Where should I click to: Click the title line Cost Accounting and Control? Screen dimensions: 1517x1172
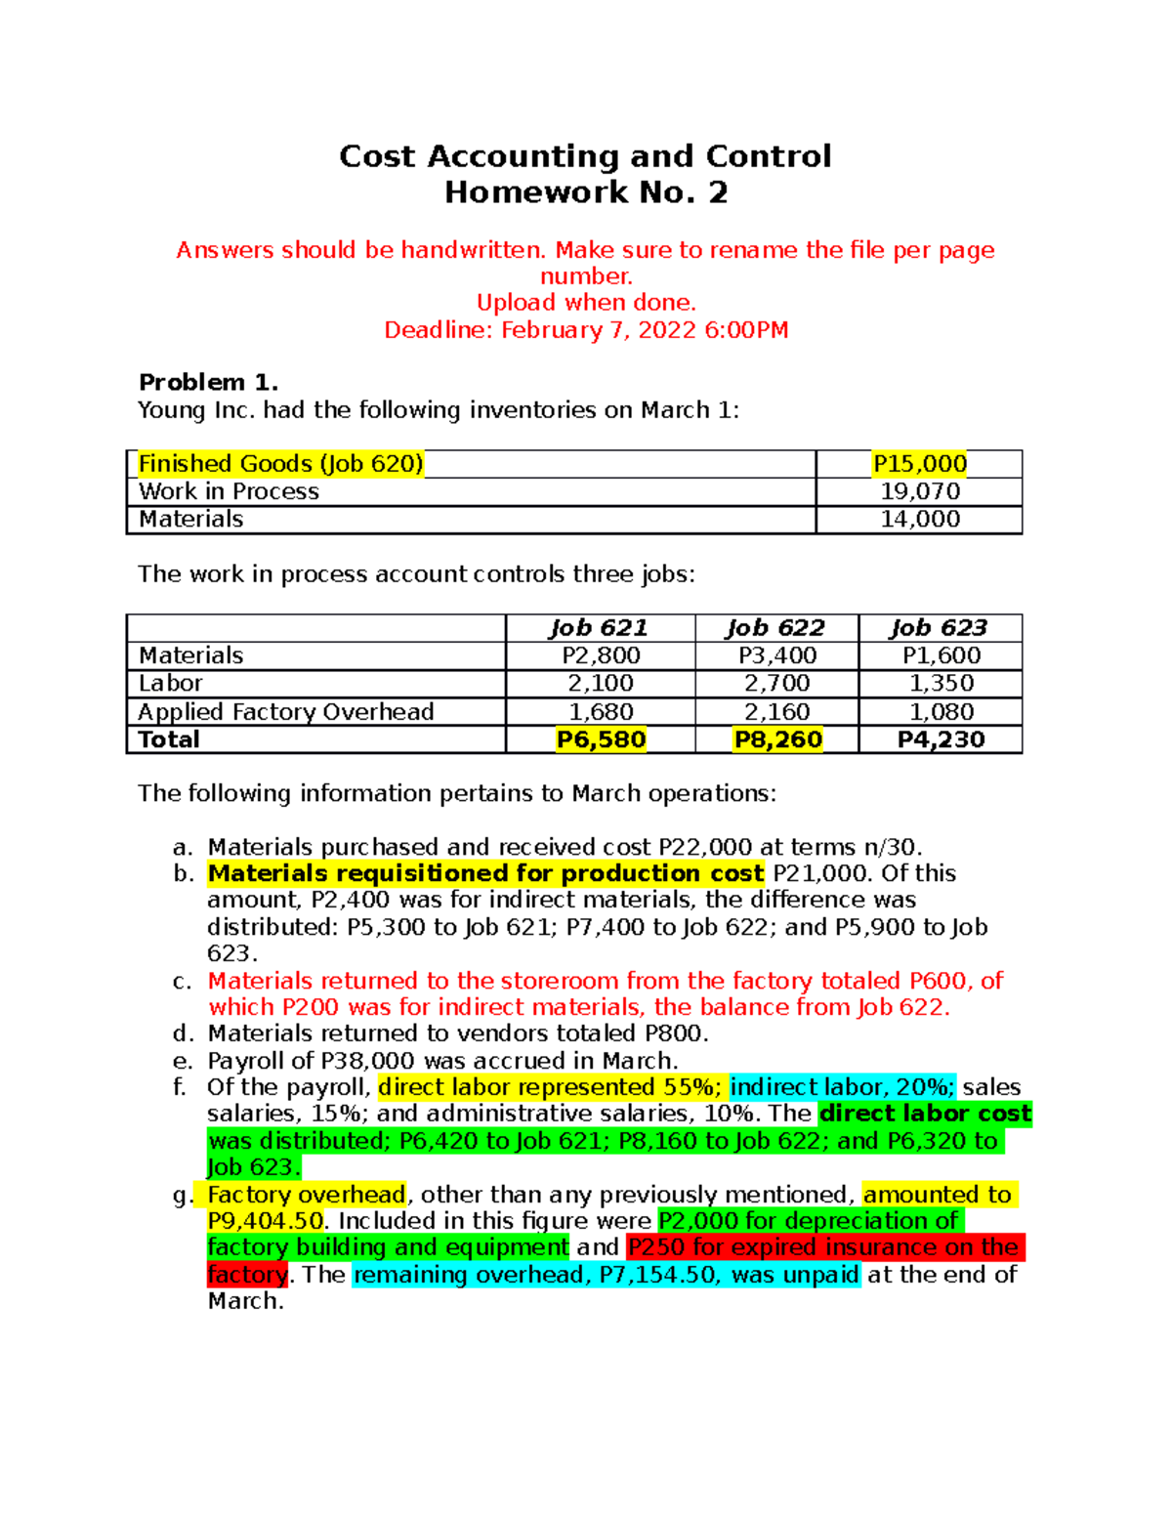pos(585,156)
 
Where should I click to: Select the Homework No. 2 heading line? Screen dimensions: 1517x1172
pos(586,192)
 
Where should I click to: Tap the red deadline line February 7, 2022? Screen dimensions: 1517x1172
pos(586,330)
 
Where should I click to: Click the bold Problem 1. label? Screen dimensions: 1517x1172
pos(208,382)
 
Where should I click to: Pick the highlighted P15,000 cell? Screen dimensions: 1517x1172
pos(919,464)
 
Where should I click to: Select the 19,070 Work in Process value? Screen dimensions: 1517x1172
pos(919,491)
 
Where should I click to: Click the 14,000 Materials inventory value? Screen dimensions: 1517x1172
pos(919,520)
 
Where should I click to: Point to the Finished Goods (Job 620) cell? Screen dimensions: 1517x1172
pos(280,464)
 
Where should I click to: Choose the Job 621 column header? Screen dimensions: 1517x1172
pos(599,628)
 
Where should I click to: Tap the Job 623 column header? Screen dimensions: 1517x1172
pos(939,628)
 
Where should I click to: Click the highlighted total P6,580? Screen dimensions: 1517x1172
pos(601,739)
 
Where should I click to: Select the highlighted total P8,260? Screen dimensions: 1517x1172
pos(777,739)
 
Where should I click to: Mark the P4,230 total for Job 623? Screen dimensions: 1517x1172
pos(941,739)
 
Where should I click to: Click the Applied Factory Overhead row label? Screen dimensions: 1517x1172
pos(285,712)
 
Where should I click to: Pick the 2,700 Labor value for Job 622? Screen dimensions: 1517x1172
pos(776,684)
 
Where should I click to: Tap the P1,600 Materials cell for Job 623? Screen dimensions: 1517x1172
pos(941,655)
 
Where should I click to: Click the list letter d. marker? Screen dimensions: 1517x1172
pos(183,1033)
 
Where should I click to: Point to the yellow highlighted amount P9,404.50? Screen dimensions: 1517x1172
pos(265,1221)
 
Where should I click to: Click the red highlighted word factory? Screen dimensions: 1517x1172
pos(247,1275)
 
